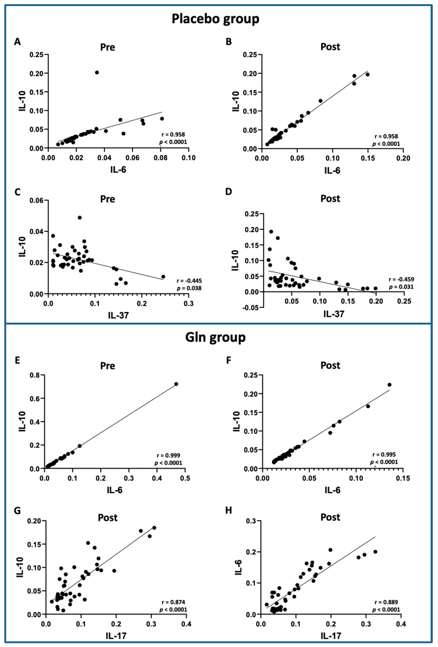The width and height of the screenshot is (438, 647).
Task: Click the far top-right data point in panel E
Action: point(176,384)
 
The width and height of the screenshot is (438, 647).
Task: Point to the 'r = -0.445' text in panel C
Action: point(189,281)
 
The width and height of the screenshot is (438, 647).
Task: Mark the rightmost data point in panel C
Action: point(163,276)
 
